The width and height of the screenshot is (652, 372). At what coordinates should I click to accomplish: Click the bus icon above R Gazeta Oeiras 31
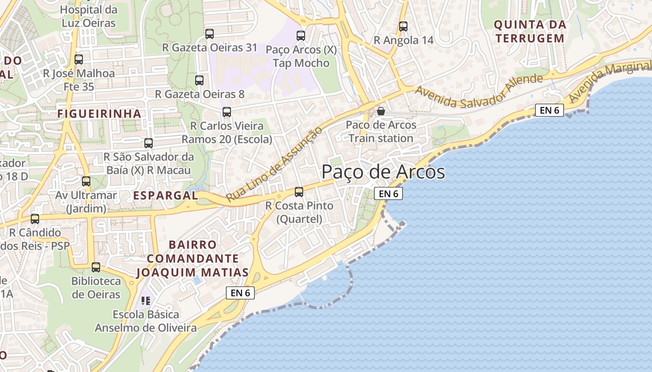[210, 33]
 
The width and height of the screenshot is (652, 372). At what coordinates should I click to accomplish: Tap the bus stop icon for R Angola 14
[403, 27]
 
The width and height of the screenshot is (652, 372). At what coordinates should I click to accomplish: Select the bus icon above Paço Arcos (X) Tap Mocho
[301, 35]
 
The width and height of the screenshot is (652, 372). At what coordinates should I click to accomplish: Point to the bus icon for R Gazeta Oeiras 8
[199, 80]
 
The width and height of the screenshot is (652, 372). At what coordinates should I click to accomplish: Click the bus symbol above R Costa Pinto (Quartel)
[299, 192]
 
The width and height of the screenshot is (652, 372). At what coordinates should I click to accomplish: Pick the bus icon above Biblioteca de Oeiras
[96, 267]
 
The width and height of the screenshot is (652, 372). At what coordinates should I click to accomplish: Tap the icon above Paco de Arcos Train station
[381, 111]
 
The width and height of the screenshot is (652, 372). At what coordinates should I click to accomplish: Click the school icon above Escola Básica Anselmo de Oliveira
[146, 301]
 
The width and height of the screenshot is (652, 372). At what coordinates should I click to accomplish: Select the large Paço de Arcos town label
[383, 172]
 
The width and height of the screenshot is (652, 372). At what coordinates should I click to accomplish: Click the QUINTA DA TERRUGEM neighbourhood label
[530, 31]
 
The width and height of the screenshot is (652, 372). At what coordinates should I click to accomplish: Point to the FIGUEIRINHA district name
[99, 113]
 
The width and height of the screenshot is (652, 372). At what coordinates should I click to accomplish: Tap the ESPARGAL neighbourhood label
[166, 195]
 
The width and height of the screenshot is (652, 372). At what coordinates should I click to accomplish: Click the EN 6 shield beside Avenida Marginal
[549, 110]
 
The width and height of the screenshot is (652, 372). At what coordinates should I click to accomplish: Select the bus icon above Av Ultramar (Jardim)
[86, 181]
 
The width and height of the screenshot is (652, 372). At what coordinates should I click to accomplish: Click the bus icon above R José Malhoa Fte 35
[79, 60]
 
